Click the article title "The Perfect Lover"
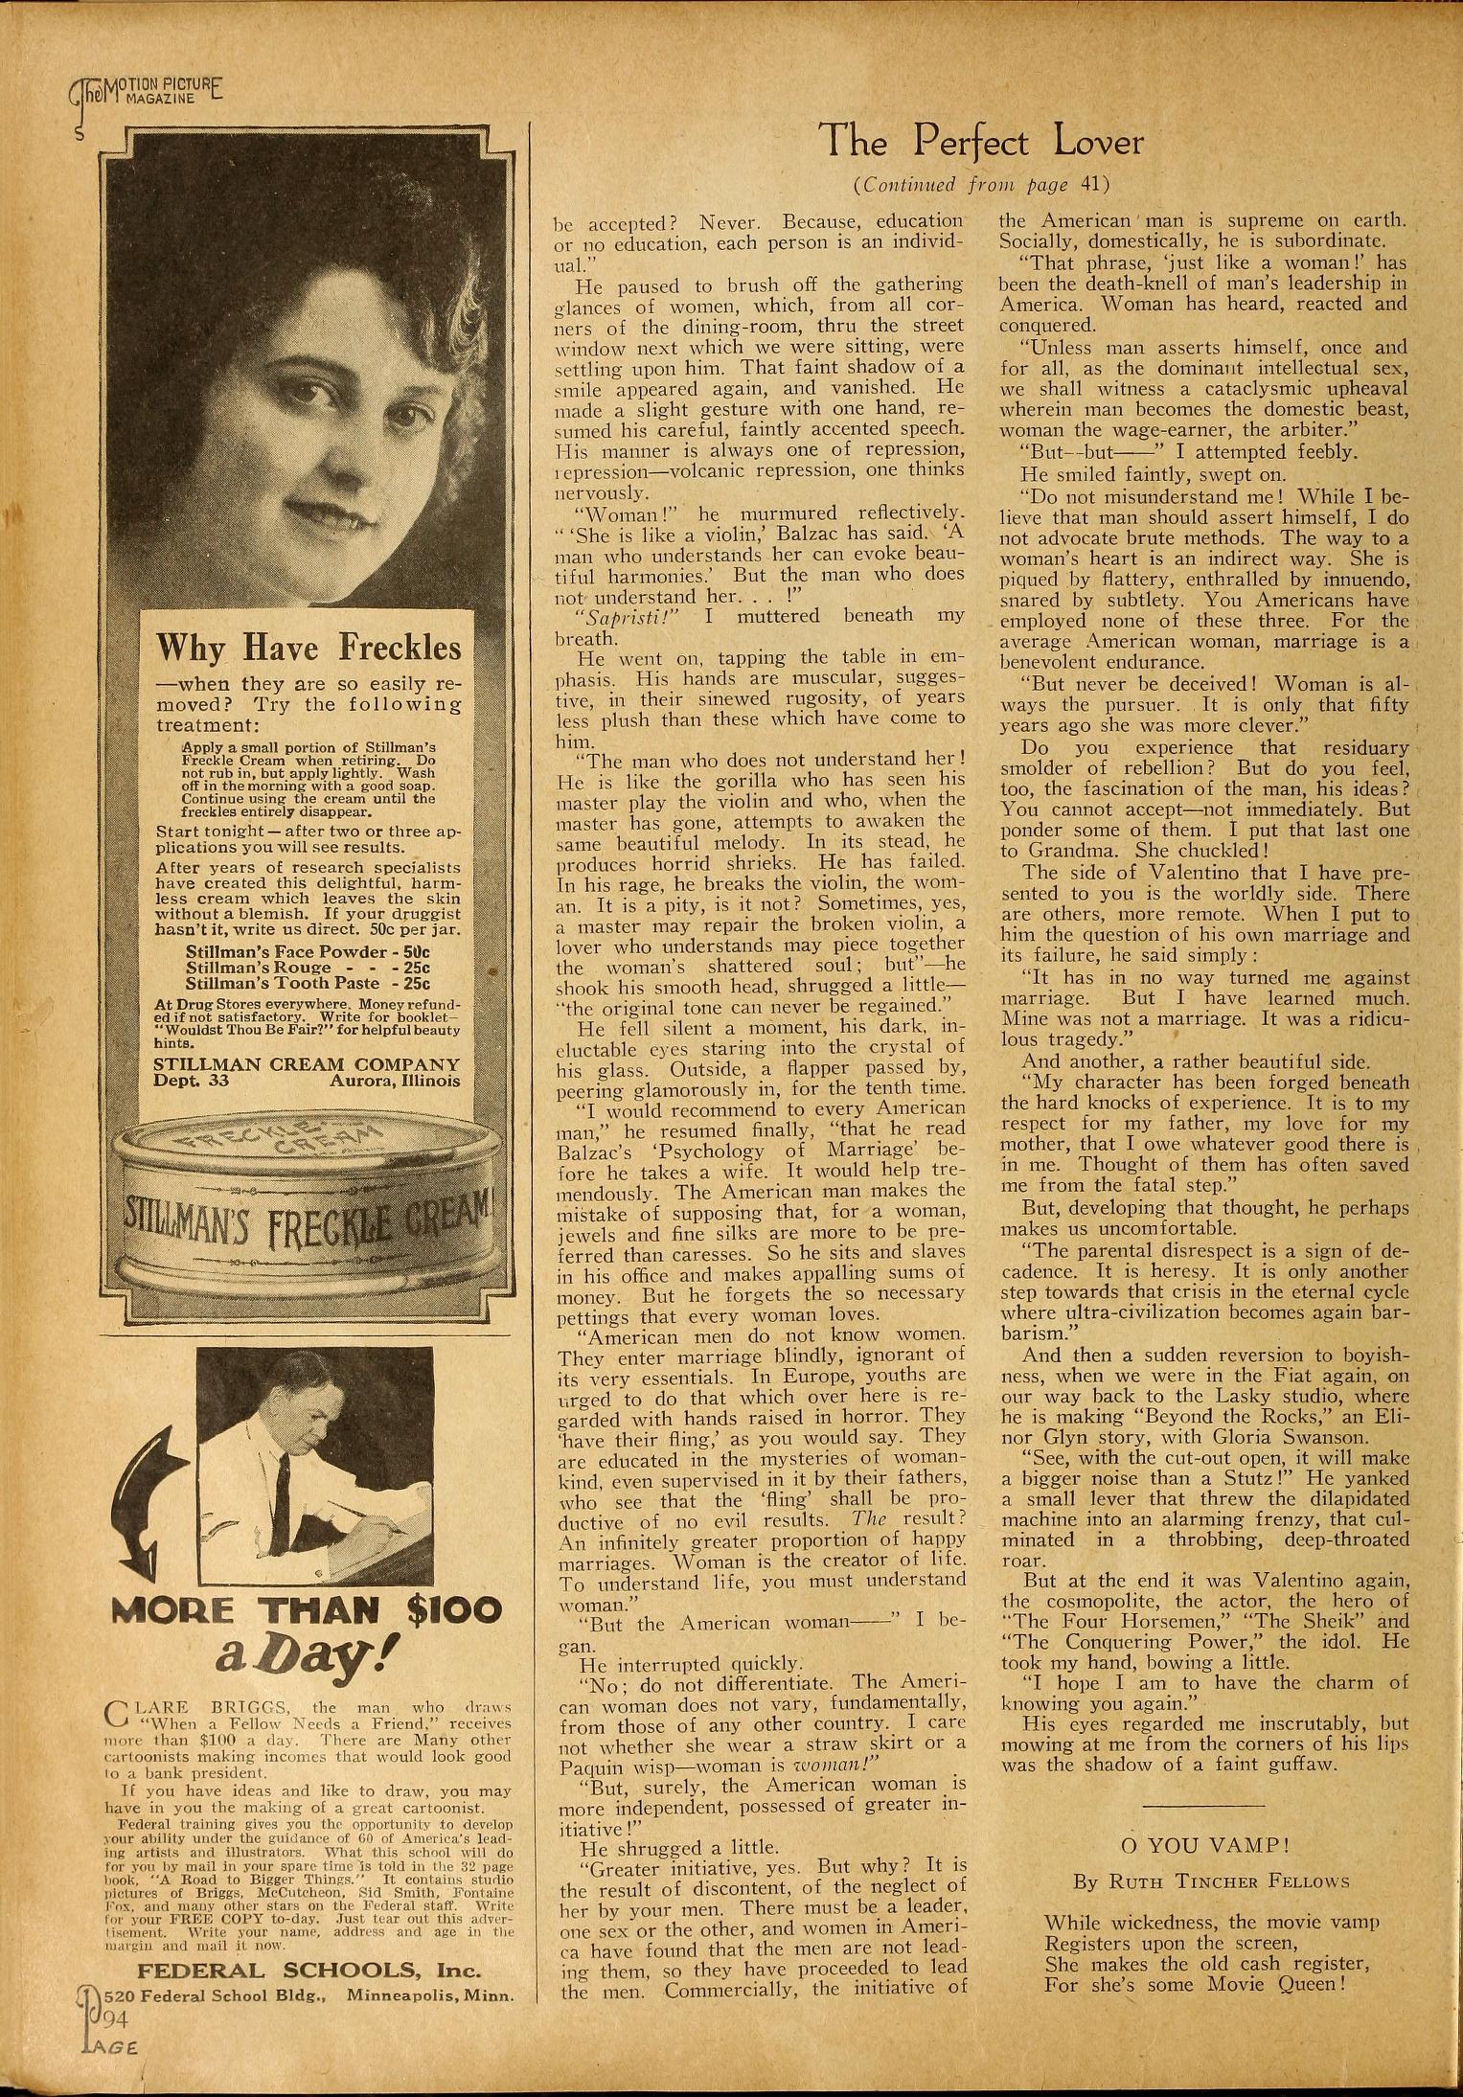pos(982,144)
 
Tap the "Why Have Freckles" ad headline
pos(309,649)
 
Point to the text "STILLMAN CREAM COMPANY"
pos(307,1064)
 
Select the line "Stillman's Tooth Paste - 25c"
pos(307,983)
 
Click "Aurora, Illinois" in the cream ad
pos(395,1082)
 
